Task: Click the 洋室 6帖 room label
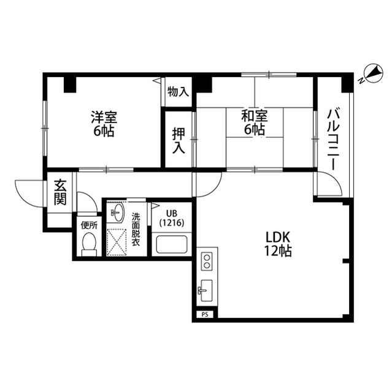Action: pyautogui.click(x=104, y=124)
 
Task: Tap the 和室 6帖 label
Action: pyautogui.click(x=254, y=123)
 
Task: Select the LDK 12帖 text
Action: pyautogui.click(x=278, y=244)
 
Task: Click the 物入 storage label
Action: pyautogui.click(x=178, y=91)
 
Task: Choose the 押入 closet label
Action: pyautogui.click(x=179, y=141)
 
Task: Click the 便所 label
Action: pyautogui.click(x=89, y=225)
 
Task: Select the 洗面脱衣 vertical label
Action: pyautogui.click(x=136, y=229)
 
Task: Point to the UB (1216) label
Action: pyautogui.click(x=172, y=218)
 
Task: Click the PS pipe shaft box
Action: pyautogui.click(x=205, y=315)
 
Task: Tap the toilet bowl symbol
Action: pyautogui.click(x=89, y=244)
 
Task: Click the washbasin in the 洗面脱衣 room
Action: pyautogui.click(x=117, y=213)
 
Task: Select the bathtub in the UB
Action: pyautogui.click(x=172, y=244)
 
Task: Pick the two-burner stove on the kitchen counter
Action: pyautogui.click(x=207, y=261)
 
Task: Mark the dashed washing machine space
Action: pyautogui.click(x=117, y=243)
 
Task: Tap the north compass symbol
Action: pyautogui.click(x=372, y=73)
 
